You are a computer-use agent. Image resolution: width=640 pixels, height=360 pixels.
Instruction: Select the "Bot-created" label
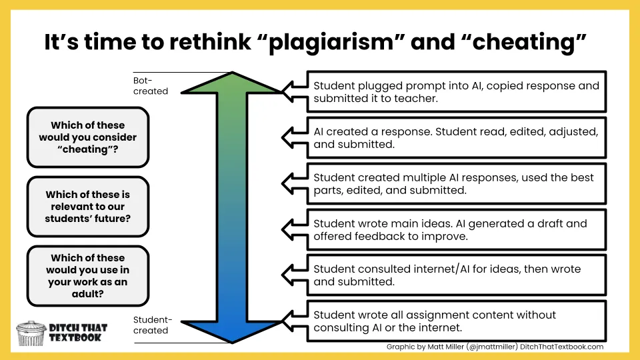150,86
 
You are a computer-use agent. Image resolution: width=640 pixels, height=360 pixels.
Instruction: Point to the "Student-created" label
152,325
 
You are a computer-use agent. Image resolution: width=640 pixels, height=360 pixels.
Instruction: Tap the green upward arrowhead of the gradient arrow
233,83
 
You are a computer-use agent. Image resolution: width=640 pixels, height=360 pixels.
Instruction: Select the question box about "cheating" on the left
87,137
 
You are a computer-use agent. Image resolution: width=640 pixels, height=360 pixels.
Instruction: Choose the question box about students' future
87,207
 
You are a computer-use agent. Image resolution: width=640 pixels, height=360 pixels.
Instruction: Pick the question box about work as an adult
87,276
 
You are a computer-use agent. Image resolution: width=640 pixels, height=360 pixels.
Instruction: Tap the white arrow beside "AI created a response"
293,137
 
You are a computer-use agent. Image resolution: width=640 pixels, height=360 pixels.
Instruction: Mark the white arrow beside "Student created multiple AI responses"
293,183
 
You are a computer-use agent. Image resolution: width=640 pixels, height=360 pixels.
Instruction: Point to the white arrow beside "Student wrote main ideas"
293,229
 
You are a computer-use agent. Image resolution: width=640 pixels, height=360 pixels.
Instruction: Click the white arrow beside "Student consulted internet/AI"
293,275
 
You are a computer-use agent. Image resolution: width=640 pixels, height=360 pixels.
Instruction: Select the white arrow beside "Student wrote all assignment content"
293,321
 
